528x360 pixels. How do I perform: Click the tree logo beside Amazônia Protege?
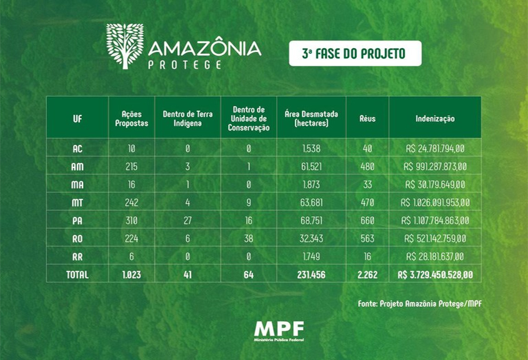[124, 46]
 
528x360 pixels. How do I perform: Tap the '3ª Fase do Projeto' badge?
[354, 54]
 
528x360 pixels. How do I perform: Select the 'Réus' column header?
[367, 118]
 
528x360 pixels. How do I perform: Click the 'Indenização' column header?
[435, 118]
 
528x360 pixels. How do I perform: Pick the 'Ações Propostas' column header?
[131, 118]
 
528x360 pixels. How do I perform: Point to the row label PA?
[77, 221]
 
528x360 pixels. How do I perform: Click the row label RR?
[77, 256]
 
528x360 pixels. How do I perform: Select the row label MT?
[77, 202]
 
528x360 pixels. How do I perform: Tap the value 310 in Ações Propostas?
[131, 221]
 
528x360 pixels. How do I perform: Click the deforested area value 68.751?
[311, 221]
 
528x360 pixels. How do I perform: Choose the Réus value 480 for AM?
[367, 167]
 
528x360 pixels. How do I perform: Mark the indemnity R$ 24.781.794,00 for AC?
[435, 149]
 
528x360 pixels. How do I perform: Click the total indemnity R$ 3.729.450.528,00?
[435, 274]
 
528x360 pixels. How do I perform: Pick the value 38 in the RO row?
[249, 238]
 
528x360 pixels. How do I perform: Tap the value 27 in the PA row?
[187, 221]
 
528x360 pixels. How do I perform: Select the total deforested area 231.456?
[311, 274]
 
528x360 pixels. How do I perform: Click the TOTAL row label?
[77, 274]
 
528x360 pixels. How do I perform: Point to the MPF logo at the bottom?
[279, 330]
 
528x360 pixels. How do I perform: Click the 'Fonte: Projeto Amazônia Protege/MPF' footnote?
[419, 304]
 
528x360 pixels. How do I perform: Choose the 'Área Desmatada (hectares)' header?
[311, 118]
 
